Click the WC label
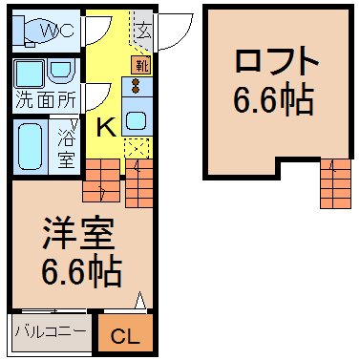click(57, 31)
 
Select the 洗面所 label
click(46, 100)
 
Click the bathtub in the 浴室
click(31, 146)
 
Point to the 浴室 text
click(66, 149)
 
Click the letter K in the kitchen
click(106, 127)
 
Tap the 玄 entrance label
click(143, 32)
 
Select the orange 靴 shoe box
click(141, 65)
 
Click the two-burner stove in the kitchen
click(137, 87)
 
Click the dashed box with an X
click(137, 148)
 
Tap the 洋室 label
click(78, 235)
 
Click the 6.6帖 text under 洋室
click(81, 271)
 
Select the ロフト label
click(277, 60)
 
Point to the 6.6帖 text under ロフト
click(274, 99)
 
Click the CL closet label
click(125, 336)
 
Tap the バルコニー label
click(51, 331)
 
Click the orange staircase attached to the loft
click(336, 183)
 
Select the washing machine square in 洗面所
click(30, 74)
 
